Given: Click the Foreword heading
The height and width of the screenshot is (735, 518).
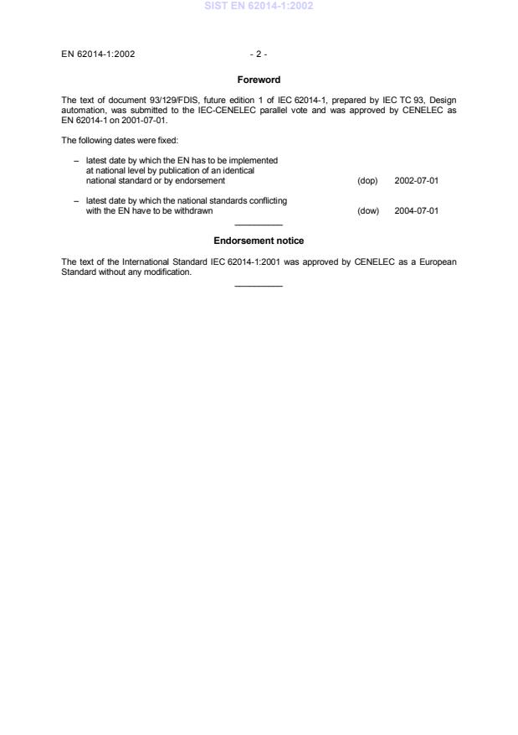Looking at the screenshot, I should [259, 80].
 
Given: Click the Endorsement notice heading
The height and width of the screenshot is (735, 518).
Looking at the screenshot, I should [259, 241].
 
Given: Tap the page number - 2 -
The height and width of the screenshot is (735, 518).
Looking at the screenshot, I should [259, 54].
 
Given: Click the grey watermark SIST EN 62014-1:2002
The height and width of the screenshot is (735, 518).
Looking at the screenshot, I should [259, 7].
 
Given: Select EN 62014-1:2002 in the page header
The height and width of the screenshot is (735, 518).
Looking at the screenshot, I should [98, 54].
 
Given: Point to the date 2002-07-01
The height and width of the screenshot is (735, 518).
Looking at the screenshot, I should [416, 180].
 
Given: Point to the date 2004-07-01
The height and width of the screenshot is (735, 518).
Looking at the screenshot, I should [416, 211].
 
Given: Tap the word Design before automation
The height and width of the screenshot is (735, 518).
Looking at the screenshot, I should [441, 100].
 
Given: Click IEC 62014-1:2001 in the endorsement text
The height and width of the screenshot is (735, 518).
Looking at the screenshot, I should [249, 261].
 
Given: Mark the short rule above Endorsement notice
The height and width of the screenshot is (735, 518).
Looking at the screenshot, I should [259, 225].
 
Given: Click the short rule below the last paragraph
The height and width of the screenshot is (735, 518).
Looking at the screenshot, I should [259, 287].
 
